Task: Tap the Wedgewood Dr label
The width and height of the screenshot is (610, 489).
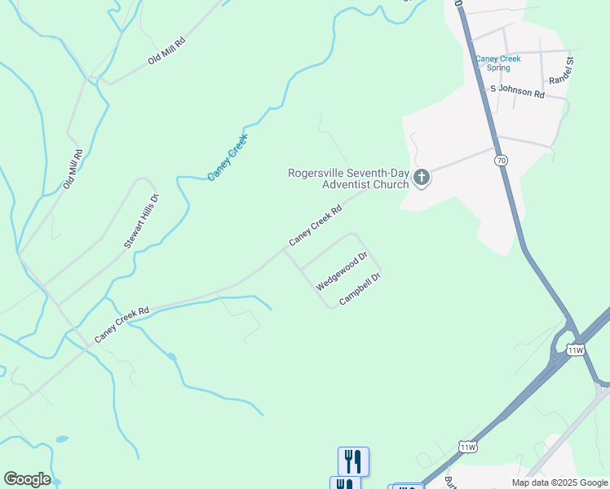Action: pos(342,271)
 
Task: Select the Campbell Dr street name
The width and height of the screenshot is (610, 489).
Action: pos(360,289)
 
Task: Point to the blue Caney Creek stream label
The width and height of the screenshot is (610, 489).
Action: pos(227,156)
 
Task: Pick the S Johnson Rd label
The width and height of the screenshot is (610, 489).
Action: pos(516,93)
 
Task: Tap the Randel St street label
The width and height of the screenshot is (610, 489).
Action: pos(562,70)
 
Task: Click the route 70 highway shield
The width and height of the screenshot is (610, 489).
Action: pos(501,161)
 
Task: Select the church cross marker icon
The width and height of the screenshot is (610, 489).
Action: pos(422,178)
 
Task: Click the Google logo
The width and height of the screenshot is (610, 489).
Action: pos(27,479)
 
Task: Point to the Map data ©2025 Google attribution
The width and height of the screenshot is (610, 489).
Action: pos(559,482)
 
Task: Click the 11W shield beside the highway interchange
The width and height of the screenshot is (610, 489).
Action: pos(575,350)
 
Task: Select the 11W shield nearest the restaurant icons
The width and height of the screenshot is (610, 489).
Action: pos(468,447)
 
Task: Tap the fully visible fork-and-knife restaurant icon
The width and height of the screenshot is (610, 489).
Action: pos(353,460)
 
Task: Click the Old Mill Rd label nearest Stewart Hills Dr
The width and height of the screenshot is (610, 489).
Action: pos(73,170)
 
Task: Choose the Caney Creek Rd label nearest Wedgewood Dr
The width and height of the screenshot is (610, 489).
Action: pos(314,226)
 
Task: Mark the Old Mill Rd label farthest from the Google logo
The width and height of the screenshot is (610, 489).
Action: pos(167,50)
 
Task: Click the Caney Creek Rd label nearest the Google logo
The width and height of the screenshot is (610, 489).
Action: pos(122,324)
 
